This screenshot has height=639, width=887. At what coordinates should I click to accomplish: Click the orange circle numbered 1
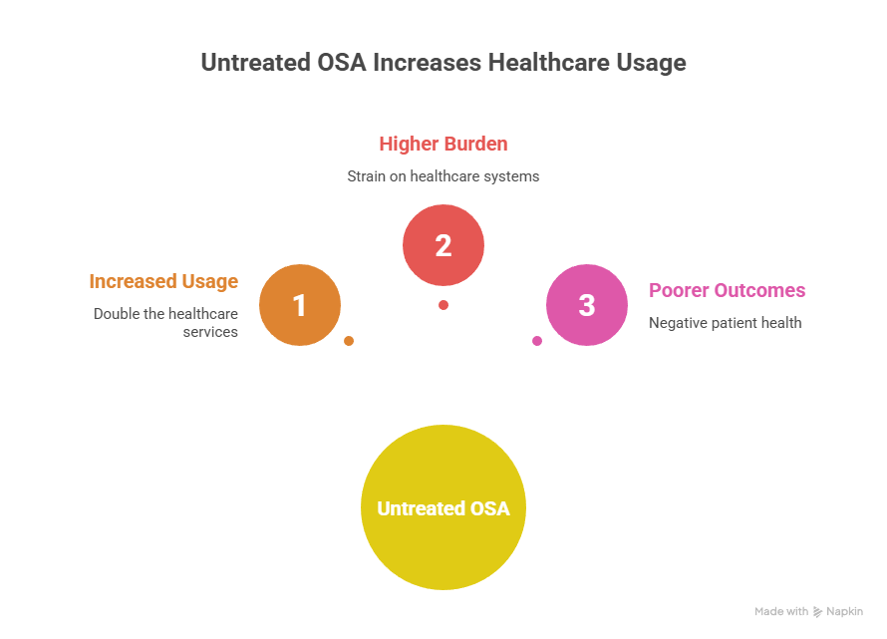[300, 305]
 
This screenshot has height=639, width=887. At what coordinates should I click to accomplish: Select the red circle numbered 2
[443, 245]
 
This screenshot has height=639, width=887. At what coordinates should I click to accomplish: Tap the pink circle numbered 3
[587, 305]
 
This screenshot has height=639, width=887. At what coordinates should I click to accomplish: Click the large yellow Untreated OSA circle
[443, 508]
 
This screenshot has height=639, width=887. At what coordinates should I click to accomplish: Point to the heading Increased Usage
[163, 281]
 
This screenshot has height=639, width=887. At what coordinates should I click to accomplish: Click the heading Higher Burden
[443, 144]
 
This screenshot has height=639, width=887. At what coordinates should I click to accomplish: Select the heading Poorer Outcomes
[728, 291]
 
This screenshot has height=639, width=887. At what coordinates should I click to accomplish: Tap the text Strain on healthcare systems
[443, 176]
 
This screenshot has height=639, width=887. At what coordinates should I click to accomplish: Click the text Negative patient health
[725, 323]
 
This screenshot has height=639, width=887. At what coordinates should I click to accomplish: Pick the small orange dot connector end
[349, 341]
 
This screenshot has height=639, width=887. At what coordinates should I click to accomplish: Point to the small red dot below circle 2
[443, 305]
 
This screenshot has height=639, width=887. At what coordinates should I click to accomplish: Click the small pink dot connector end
[537, 341]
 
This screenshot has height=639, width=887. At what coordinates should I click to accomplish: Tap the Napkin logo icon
[818, 612]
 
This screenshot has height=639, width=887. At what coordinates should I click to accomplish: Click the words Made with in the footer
[781, 612]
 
